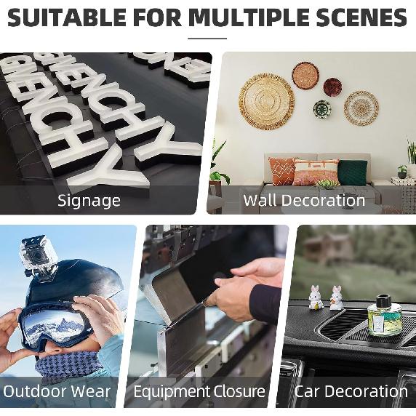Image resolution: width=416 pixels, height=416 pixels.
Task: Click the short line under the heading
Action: pos(207,38)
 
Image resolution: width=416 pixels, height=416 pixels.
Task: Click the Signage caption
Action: pos(89,200)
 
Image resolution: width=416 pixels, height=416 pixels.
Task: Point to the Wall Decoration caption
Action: pos(304,200)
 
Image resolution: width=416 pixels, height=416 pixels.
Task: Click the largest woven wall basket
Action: pos(266,101)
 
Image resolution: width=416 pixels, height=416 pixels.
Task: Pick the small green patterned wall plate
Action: pos(322,109)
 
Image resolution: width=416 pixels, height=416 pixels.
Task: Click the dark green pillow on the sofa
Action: pos(353,172)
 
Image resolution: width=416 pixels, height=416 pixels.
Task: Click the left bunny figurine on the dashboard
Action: pos(315,297)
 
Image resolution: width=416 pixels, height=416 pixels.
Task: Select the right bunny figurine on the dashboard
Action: pos(336,297)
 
